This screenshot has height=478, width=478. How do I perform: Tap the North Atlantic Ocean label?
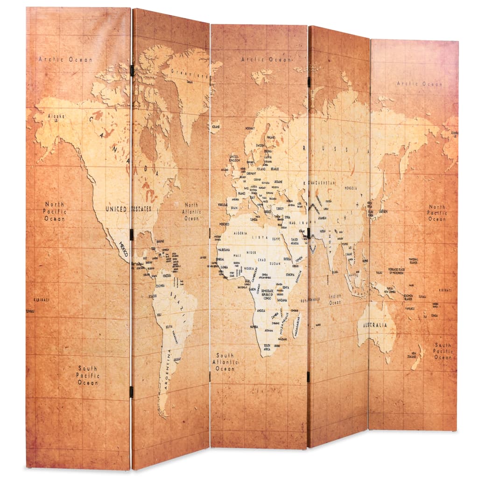(191, 211)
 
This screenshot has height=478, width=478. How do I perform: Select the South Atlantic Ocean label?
(225, 362)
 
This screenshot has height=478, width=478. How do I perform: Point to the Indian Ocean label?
(335, 299)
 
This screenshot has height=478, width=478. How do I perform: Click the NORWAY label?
(251, 128)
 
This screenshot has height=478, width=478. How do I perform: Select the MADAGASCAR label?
(296, 322)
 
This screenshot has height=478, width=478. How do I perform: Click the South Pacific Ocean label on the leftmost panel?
(88, 375)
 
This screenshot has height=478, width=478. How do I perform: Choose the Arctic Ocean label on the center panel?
(265, 59)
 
